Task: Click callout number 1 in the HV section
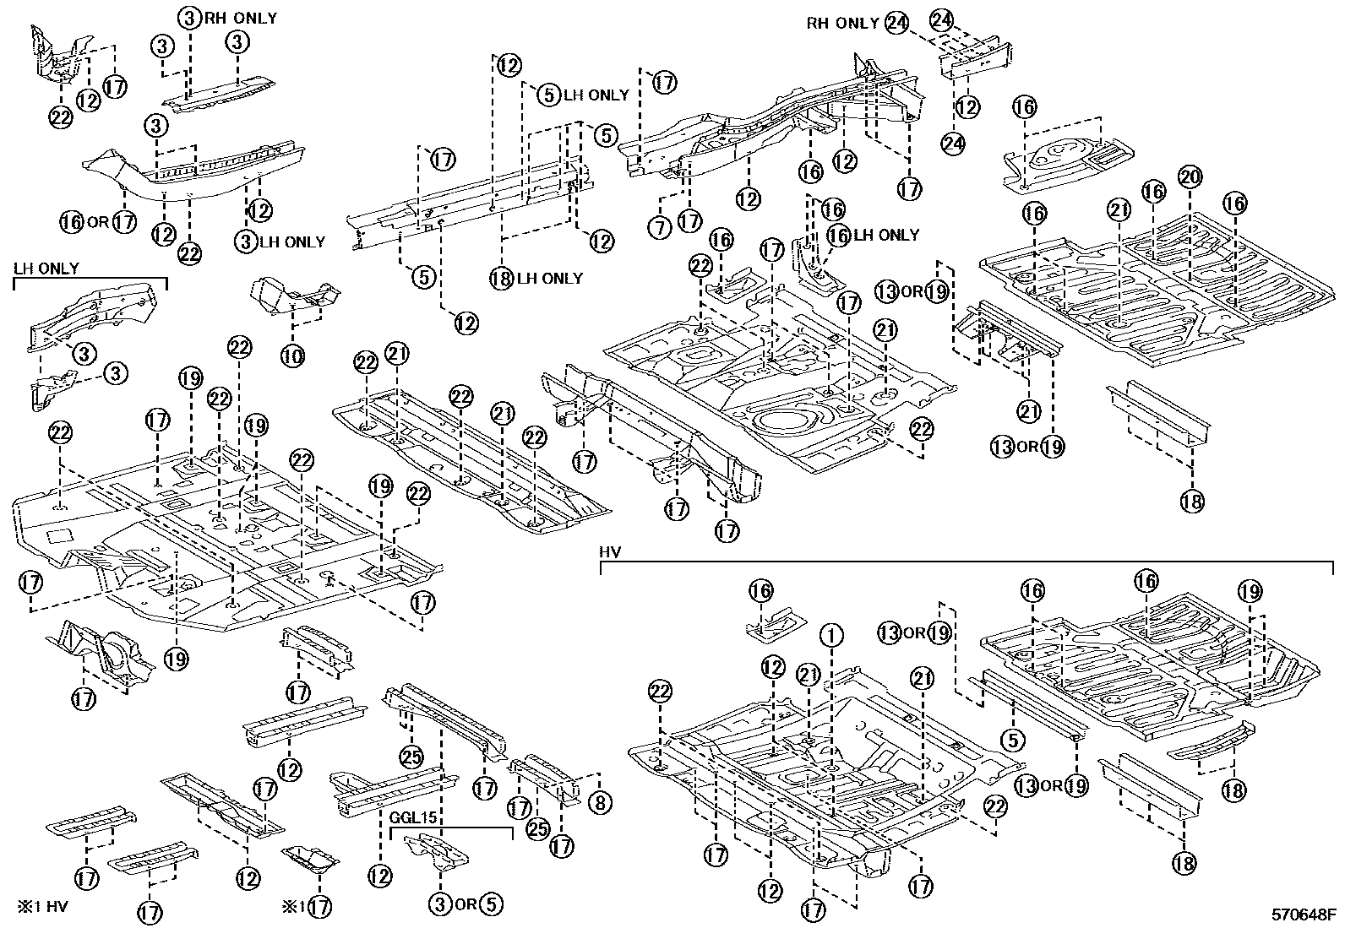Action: tap(832, 635)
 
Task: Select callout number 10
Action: tap(292, 357)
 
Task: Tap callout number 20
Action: tap(1190, 177)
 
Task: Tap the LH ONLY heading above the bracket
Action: tap(46, 269)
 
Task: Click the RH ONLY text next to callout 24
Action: tap(842, 24)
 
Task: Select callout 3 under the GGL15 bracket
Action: tap(439, 904)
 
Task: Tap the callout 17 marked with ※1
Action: tap(319, 908)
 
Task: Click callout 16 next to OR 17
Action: tap(72, 222)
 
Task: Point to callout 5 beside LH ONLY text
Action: tap(549, 95)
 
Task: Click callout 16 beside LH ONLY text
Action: tap(838, 236)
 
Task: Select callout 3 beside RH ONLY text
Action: tap(190, 17)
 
